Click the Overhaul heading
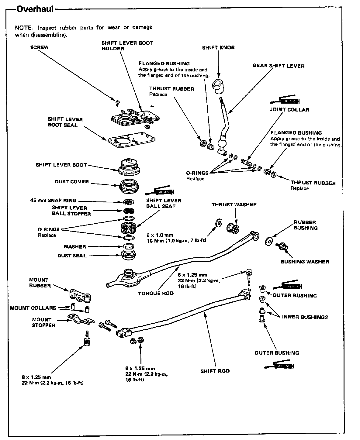(35, 9)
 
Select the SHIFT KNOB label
(218, 48)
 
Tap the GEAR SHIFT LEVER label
(279, 66)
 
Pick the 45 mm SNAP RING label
(54, 201)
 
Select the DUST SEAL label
(72, 256)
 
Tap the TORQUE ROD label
(156, 293)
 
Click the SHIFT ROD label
(215, 371)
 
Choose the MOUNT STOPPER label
(43, 322)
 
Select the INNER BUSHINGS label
(305, 317)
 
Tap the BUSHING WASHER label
(305, 262)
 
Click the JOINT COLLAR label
(290, 110)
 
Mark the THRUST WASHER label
(234, 205)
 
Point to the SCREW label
(39, 47)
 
